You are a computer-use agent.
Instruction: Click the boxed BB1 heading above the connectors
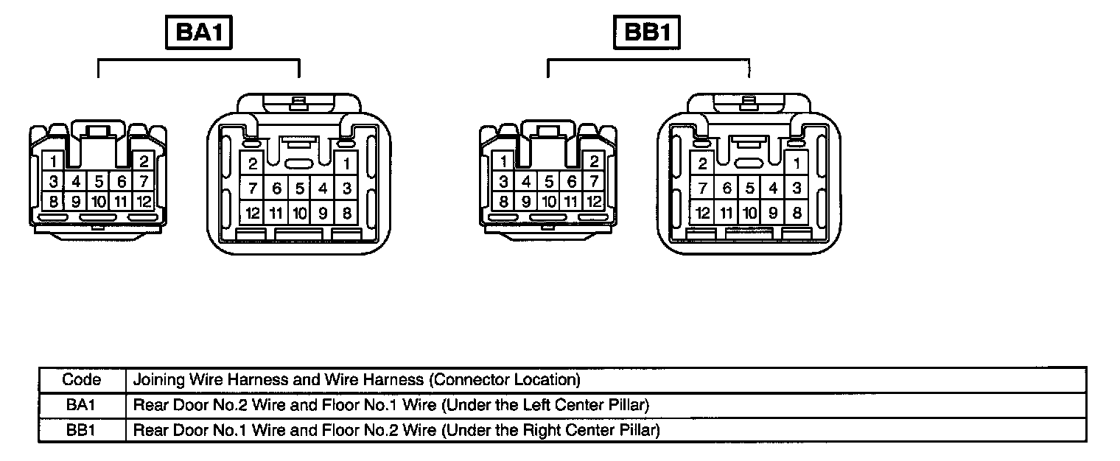pos(647,34)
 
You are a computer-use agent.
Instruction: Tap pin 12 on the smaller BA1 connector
pos(144,200)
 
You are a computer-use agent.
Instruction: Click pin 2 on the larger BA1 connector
pos(253,163)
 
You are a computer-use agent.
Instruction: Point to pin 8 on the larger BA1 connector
pos(346,214)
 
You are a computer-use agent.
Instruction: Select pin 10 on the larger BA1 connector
pos(299,214)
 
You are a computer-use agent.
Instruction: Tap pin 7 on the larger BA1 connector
pos(253,189)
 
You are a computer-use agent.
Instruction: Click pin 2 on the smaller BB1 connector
pos(594,161)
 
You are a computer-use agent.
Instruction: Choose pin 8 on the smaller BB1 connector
pos(503,200)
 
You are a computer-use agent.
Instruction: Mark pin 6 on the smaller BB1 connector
pos(571,181)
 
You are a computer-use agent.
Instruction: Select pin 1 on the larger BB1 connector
pos(797,163)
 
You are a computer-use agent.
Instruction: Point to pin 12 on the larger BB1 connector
pos(703,214)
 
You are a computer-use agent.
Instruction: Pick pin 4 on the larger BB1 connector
pos(773,189)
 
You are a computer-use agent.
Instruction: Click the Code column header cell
pos(82,380)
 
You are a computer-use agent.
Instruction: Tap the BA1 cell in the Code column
pos(82,404)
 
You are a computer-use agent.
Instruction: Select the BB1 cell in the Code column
pos(82,429)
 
